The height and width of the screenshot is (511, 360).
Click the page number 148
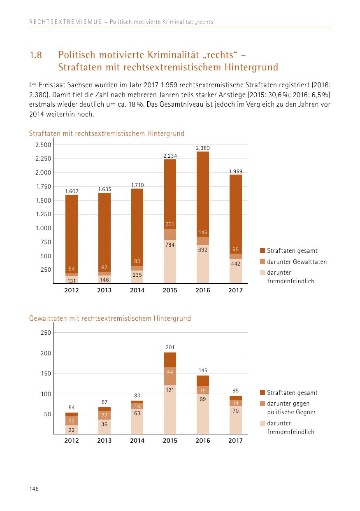(34, 488)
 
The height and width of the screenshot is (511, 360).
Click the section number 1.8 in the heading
(36, 55)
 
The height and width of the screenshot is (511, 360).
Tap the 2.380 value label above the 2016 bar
(203, 147)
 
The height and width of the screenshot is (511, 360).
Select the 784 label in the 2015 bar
(170, 245)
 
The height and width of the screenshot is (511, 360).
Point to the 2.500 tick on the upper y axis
(43, 145)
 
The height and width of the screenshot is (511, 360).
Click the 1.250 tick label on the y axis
(43, 214)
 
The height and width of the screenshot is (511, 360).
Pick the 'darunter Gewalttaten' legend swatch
(262, 262)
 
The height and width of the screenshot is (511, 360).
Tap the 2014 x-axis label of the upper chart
(137, 290)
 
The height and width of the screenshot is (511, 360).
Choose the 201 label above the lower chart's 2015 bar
(170, 348)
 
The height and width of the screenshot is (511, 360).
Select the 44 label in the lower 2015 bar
(170, 372)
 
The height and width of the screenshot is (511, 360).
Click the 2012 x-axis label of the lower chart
(72, 441)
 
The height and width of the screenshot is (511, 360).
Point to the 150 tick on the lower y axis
(46, 373)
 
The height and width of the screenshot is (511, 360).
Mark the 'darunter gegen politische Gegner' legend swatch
(262, 404)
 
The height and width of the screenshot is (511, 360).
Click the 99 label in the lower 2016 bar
(203, 399)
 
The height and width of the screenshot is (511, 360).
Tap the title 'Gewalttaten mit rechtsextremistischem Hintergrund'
(110, 318)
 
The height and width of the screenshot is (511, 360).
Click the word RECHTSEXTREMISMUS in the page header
(65, 22)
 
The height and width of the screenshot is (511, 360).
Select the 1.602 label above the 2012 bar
(72, 191)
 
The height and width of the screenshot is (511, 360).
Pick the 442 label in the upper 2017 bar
(236, 264)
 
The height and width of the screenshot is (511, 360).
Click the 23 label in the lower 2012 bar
(72, 421)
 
